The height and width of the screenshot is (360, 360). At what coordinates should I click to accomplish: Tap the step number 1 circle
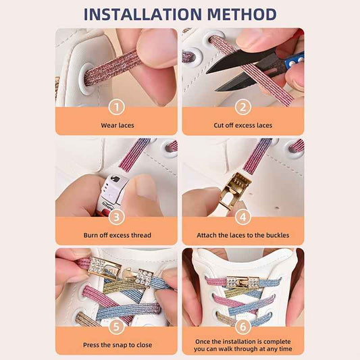point(116,107)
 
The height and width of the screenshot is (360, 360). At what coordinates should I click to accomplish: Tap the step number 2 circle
point(243,107)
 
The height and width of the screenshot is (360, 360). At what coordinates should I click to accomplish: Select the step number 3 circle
point(116,217)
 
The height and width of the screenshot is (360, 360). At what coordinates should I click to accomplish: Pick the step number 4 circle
point(243,217)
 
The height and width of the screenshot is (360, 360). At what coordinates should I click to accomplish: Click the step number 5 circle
point(116,326)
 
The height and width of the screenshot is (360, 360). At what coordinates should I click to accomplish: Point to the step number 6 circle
point(243,326)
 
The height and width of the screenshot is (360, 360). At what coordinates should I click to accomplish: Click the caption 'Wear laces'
point(116,125)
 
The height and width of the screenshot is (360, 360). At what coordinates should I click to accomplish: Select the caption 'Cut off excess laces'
point(243,125)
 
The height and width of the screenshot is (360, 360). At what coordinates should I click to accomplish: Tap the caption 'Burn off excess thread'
point(116,235)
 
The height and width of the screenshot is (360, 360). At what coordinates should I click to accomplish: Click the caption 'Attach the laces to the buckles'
point(243,235)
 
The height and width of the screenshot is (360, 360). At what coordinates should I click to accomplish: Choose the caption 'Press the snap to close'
point(116,344)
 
